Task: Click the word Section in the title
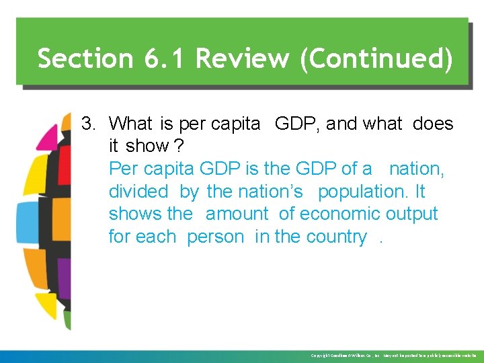[x=86, y=58]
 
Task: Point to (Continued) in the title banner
[x=376, y=58]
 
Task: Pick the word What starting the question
[x=131, y=124]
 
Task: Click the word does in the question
[x=433, y=124]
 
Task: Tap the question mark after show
[x=180, y=146]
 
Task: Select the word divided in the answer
[x=138, y=192]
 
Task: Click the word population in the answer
[x=362, y=192]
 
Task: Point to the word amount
[x=237, y=214]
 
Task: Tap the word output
[x=412, y=214]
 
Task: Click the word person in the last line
[x=215, y=237]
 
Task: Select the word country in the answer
[x=336, y=237]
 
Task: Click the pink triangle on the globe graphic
[x=48, y=138]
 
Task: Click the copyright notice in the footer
[x=393, y=356]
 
